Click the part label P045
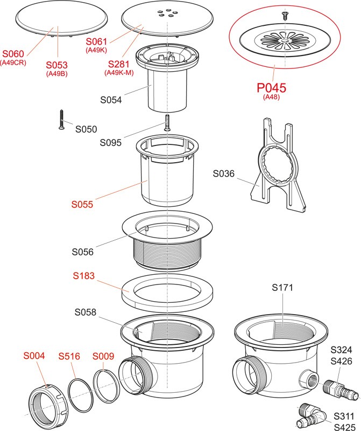tap(271, 87)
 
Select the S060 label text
tap(13, 54)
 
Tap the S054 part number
tap(111, 100)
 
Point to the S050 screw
tap(60, 120)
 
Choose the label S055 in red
tap(82, 204)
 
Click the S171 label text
tap(282, 288)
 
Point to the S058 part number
tap(85, 312)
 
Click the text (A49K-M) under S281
tap(119, 73)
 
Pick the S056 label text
tap(83, 252)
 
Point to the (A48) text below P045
tap(271, 98)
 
